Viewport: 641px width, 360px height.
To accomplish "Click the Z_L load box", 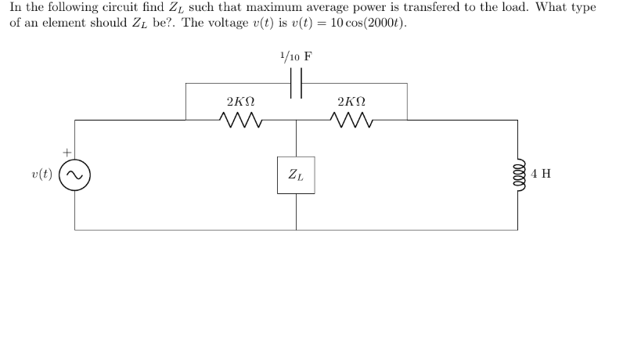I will pyautogui.click(x=296, y=175).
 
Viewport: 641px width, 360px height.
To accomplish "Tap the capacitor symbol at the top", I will pyautogui.click(x=296, y=83).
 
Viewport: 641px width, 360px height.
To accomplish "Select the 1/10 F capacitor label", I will pyautogui.click(x=296, y=56).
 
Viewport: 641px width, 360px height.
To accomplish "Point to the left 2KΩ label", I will pyautogui.click(x=240, y=102).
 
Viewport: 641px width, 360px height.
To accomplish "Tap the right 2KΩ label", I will pyautogui.click(x=351, y=102).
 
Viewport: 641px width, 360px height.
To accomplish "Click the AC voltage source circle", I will pyautogui.click(x=75, y=175).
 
